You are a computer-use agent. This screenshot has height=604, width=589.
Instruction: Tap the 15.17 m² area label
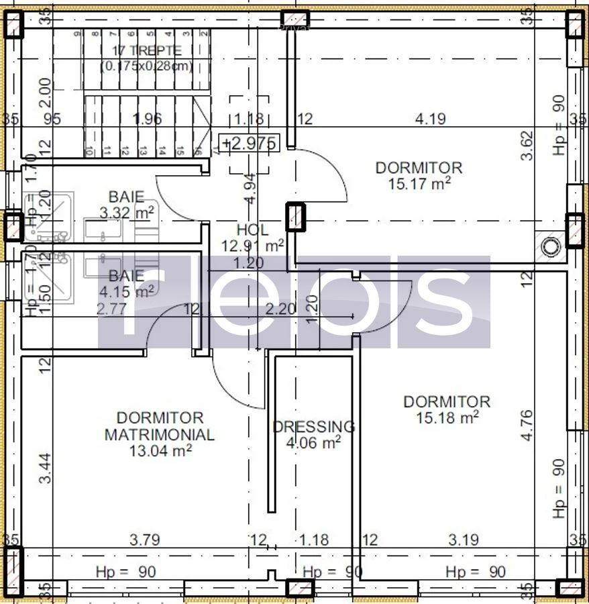click(419, 183)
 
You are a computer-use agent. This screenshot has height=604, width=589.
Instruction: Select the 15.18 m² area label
click(447, 417)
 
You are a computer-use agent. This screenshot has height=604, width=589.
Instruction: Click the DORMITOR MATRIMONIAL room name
click(160, 426)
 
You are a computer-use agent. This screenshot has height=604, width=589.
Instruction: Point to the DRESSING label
click(313, 427)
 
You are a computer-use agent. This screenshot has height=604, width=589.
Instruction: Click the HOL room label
click(252, 230)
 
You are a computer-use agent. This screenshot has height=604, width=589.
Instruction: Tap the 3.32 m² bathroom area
click(127, 213)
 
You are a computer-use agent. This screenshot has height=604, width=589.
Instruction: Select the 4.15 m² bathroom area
click(126, 291)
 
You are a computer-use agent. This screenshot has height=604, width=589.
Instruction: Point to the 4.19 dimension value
click(430, 119)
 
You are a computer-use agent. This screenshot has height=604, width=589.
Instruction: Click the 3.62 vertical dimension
click(529, 144)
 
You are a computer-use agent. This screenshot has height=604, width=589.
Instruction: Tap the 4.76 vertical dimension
click(527, 425)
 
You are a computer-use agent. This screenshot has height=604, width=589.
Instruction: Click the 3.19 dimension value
click(463, 539)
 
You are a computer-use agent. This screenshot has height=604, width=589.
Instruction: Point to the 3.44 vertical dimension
click(45, 468)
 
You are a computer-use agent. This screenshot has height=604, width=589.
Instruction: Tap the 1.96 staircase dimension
click(148, 119)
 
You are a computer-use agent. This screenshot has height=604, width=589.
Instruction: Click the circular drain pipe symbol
click(551, 246)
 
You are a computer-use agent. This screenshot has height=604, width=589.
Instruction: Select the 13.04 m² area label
click(160, 450)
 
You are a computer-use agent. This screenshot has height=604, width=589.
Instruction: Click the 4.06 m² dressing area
click(313, 442)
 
